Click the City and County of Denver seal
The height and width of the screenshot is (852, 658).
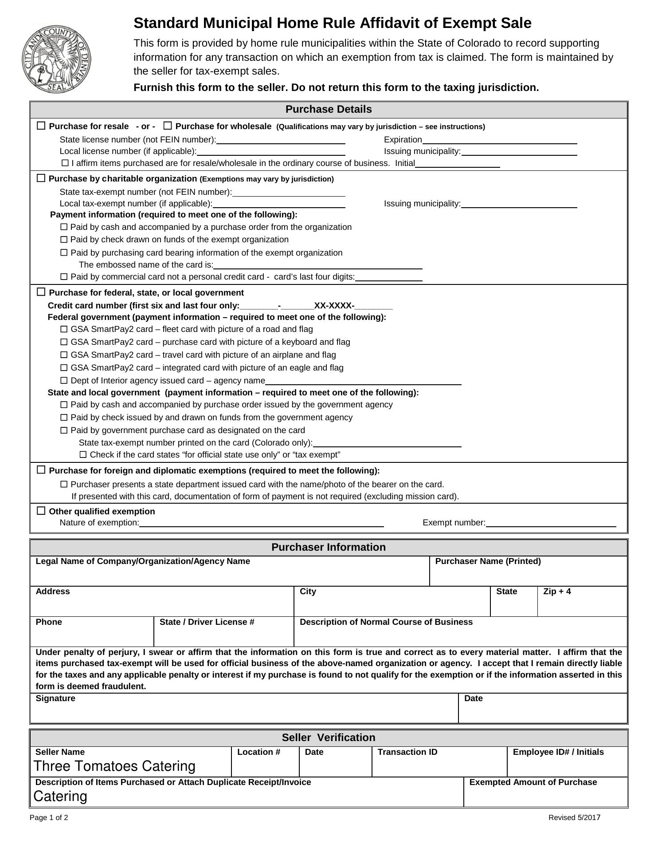click(56, 59)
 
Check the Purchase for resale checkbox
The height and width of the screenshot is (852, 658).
click(41, 126)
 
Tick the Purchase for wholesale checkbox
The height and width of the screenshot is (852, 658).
click(168, 126)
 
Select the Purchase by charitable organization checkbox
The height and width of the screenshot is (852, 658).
click(41, 178)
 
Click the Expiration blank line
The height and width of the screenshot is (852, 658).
click(499, 140)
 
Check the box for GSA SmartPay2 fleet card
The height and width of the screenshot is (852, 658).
click(64, 329)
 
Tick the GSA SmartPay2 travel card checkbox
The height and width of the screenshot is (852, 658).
click(64, 355)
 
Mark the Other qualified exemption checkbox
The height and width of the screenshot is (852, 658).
click(41, 511)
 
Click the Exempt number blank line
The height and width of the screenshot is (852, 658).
click(551, 523)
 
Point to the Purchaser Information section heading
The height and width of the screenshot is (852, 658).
click(329, 547)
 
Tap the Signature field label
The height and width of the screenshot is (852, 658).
click(55, 698)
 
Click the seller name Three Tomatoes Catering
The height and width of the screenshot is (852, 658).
click(114, 766)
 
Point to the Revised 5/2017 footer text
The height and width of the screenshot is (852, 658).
click(574, 818)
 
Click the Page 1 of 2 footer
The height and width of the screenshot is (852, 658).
click(49, 818)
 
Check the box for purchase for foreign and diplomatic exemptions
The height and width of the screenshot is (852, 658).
click(41, 470)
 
